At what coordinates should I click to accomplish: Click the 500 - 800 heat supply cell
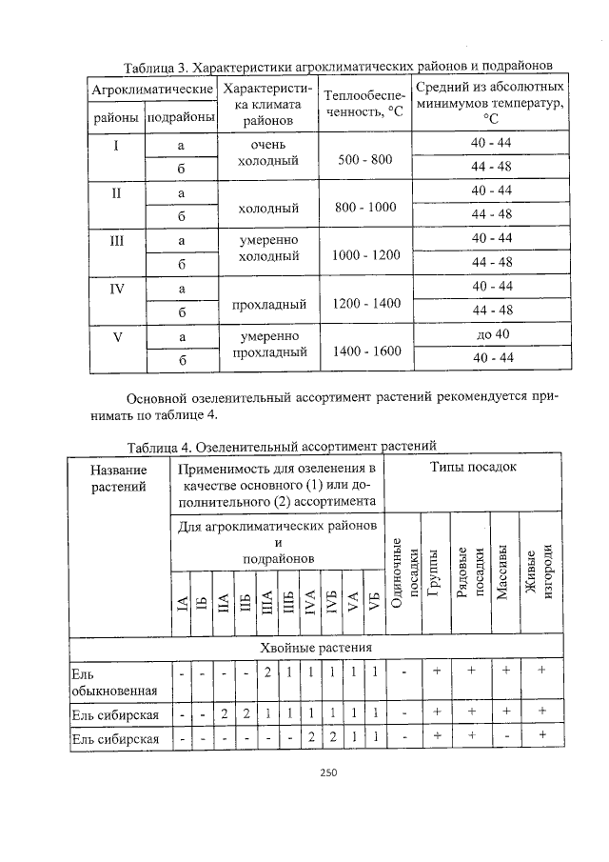[365, 159]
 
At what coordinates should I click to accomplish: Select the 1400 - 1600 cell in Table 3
[365, 351]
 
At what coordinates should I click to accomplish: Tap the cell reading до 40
[492, 335]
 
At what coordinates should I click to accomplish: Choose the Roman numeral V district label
[116, 336]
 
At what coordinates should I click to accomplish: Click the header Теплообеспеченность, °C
[365, 104]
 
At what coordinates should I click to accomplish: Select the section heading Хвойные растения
[316, 649]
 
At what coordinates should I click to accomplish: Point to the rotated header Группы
[433, 571]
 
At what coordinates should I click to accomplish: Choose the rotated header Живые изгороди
[540, 571]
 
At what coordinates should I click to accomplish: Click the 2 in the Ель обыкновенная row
[268, 672]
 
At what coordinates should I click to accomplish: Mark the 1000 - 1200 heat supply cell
[365, 255]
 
